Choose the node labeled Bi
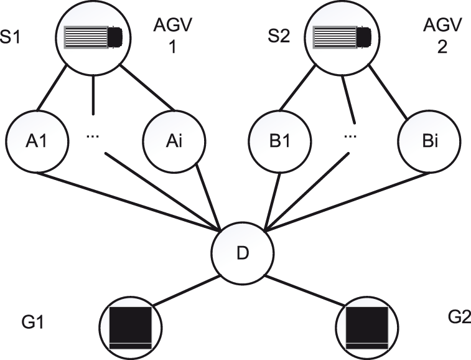[421, 141]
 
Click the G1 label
[29, 324]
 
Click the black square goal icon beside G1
[131, 327]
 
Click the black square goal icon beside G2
[366, 327]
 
